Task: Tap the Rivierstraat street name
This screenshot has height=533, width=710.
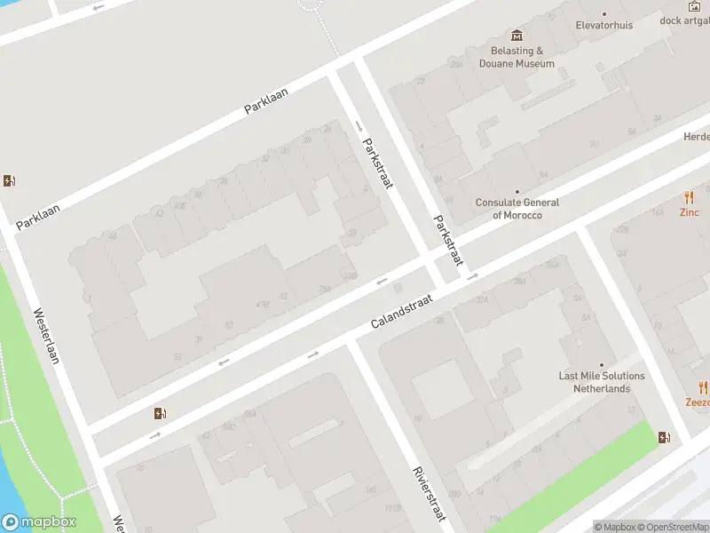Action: tap(429, 494)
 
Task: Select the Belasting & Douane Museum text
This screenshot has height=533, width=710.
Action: tap(517, 58)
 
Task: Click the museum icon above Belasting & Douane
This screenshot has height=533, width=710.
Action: tap(517, 36)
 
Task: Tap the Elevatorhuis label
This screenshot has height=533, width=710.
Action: tap(604, 25)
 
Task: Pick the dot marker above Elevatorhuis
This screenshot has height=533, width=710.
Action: tap(604, 13)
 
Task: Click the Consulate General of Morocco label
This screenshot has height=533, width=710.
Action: tap(517, 209)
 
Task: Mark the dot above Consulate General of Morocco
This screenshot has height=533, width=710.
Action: tap(517, 191)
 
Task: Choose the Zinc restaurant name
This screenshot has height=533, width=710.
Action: tap(690, 212)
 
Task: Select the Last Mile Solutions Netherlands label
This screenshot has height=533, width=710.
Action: tap(602, 382)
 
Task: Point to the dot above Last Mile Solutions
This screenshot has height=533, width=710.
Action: tap(602, 364)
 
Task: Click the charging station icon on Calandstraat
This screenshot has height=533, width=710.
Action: tap(160, 413)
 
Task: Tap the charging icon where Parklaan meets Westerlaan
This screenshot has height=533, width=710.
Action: tap(10, 181)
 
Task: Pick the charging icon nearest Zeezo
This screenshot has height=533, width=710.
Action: tap(664, 437)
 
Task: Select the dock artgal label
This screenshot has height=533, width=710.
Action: tap(684, 20)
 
